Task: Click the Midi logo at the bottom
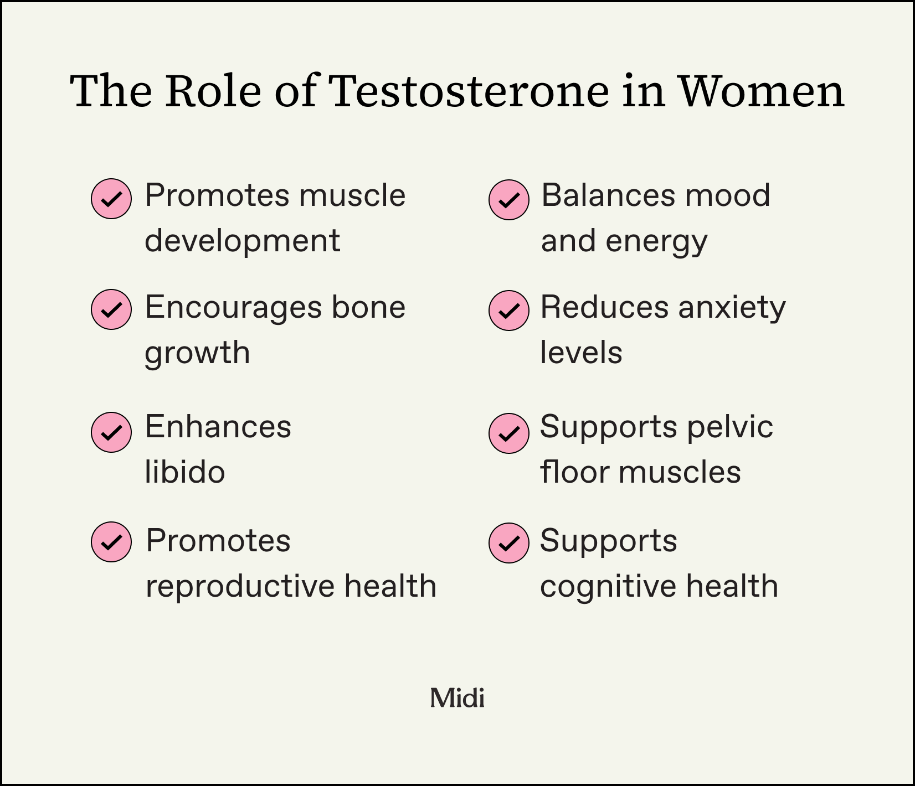[457, 698]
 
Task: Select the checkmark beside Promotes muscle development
[111, 198]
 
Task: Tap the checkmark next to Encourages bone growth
[111, 309]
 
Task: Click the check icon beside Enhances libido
[111, 432]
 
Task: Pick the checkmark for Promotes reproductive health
[111, 542]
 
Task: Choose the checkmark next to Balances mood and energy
[509, 199]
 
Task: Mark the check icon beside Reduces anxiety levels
[509, 311]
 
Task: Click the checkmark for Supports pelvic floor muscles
[509, 433]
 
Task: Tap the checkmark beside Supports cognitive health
[509, 543]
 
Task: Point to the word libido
[185, 472]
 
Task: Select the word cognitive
[608, 587]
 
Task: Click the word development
[242, 242]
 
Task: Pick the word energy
[656, 242]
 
